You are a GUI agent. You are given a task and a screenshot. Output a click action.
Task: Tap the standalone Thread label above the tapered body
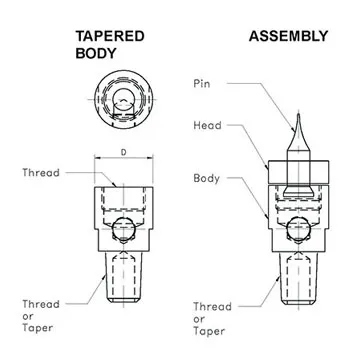[x=40, y=172]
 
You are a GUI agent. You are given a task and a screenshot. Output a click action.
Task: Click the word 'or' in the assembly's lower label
[x=201, y=317]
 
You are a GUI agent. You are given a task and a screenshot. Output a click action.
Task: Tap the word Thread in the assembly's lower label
[x=212, y=305]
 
